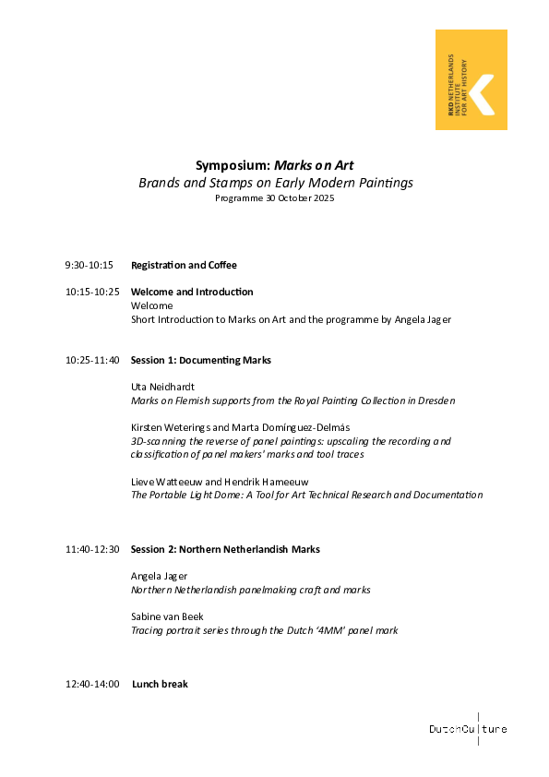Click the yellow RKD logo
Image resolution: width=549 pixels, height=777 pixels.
471,79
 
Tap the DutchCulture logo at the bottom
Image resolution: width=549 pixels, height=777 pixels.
468,729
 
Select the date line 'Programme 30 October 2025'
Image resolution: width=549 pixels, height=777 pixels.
275,198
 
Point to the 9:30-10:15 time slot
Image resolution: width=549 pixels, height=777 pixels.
89,266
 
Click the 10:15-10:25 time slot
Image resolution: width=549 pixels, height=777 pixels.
92,293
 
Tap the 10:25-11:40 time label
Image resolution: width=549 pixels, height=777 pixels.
92,360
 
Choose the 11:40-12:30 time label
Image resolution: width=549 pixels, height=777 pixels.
92,550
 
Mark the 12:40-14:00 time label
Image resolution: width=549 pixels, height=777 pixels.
92,685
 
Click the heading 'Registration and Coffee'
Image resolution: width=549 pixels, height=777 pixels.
184,266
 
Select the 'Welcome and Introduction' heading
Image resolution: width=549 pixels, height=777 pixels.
192,293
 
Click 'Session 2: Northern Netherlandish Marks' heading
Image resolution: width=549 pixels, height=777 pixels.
225,550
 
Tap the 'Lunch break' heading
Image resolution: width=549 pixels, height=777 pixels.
160,685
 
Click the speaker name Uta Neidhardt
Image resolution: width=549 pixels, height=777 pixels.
161,387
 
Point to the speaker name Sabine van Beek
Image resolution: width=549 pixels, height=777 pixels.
167,616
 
